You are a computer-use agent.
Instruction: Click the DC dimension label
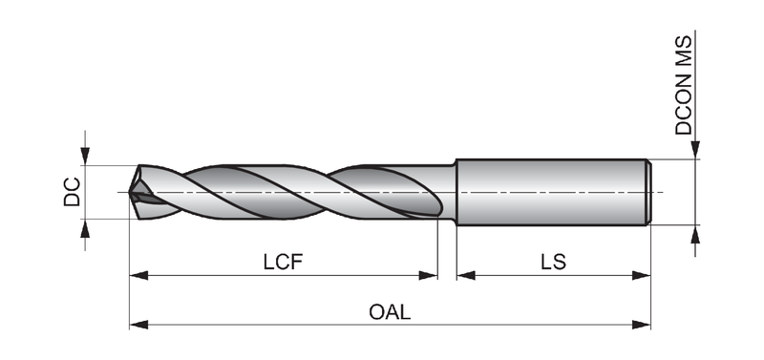72,192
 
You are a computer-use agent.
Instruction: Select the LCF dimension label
283,262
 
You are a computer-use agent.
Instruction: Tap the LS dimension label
554,262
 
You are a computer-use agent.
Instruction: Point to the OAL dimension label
390,311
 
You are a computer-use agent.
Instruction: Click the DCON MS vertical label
683,85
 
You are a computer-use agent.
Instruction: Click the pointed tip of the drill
130,193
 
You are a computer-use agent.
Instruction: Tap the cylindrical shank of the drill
553,192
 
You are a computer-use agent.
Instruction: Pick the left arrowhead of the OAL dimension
138,325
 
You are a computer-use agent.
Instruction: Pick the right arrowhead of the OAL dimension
641,325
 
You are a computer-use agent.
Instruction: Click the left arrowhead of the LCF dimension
138,276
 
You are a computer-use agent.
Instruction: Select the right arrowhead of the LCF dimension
428,276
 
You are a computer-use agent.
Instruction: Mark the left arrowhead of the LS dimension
466,276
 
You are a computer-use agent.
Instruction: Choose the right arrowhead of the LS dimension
641,276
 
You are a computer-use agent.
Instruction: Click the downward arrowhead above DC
85,156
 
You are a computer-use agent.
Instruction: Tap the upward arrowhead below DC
85,228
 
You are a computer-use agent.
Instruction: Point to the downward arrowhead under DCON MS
695,150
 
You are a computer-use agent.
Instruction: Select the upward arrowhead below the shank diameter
695,234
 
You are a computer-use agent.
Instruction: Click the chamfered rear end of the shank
648,192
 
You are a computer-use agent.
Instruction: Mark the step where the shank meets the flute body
456,192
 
